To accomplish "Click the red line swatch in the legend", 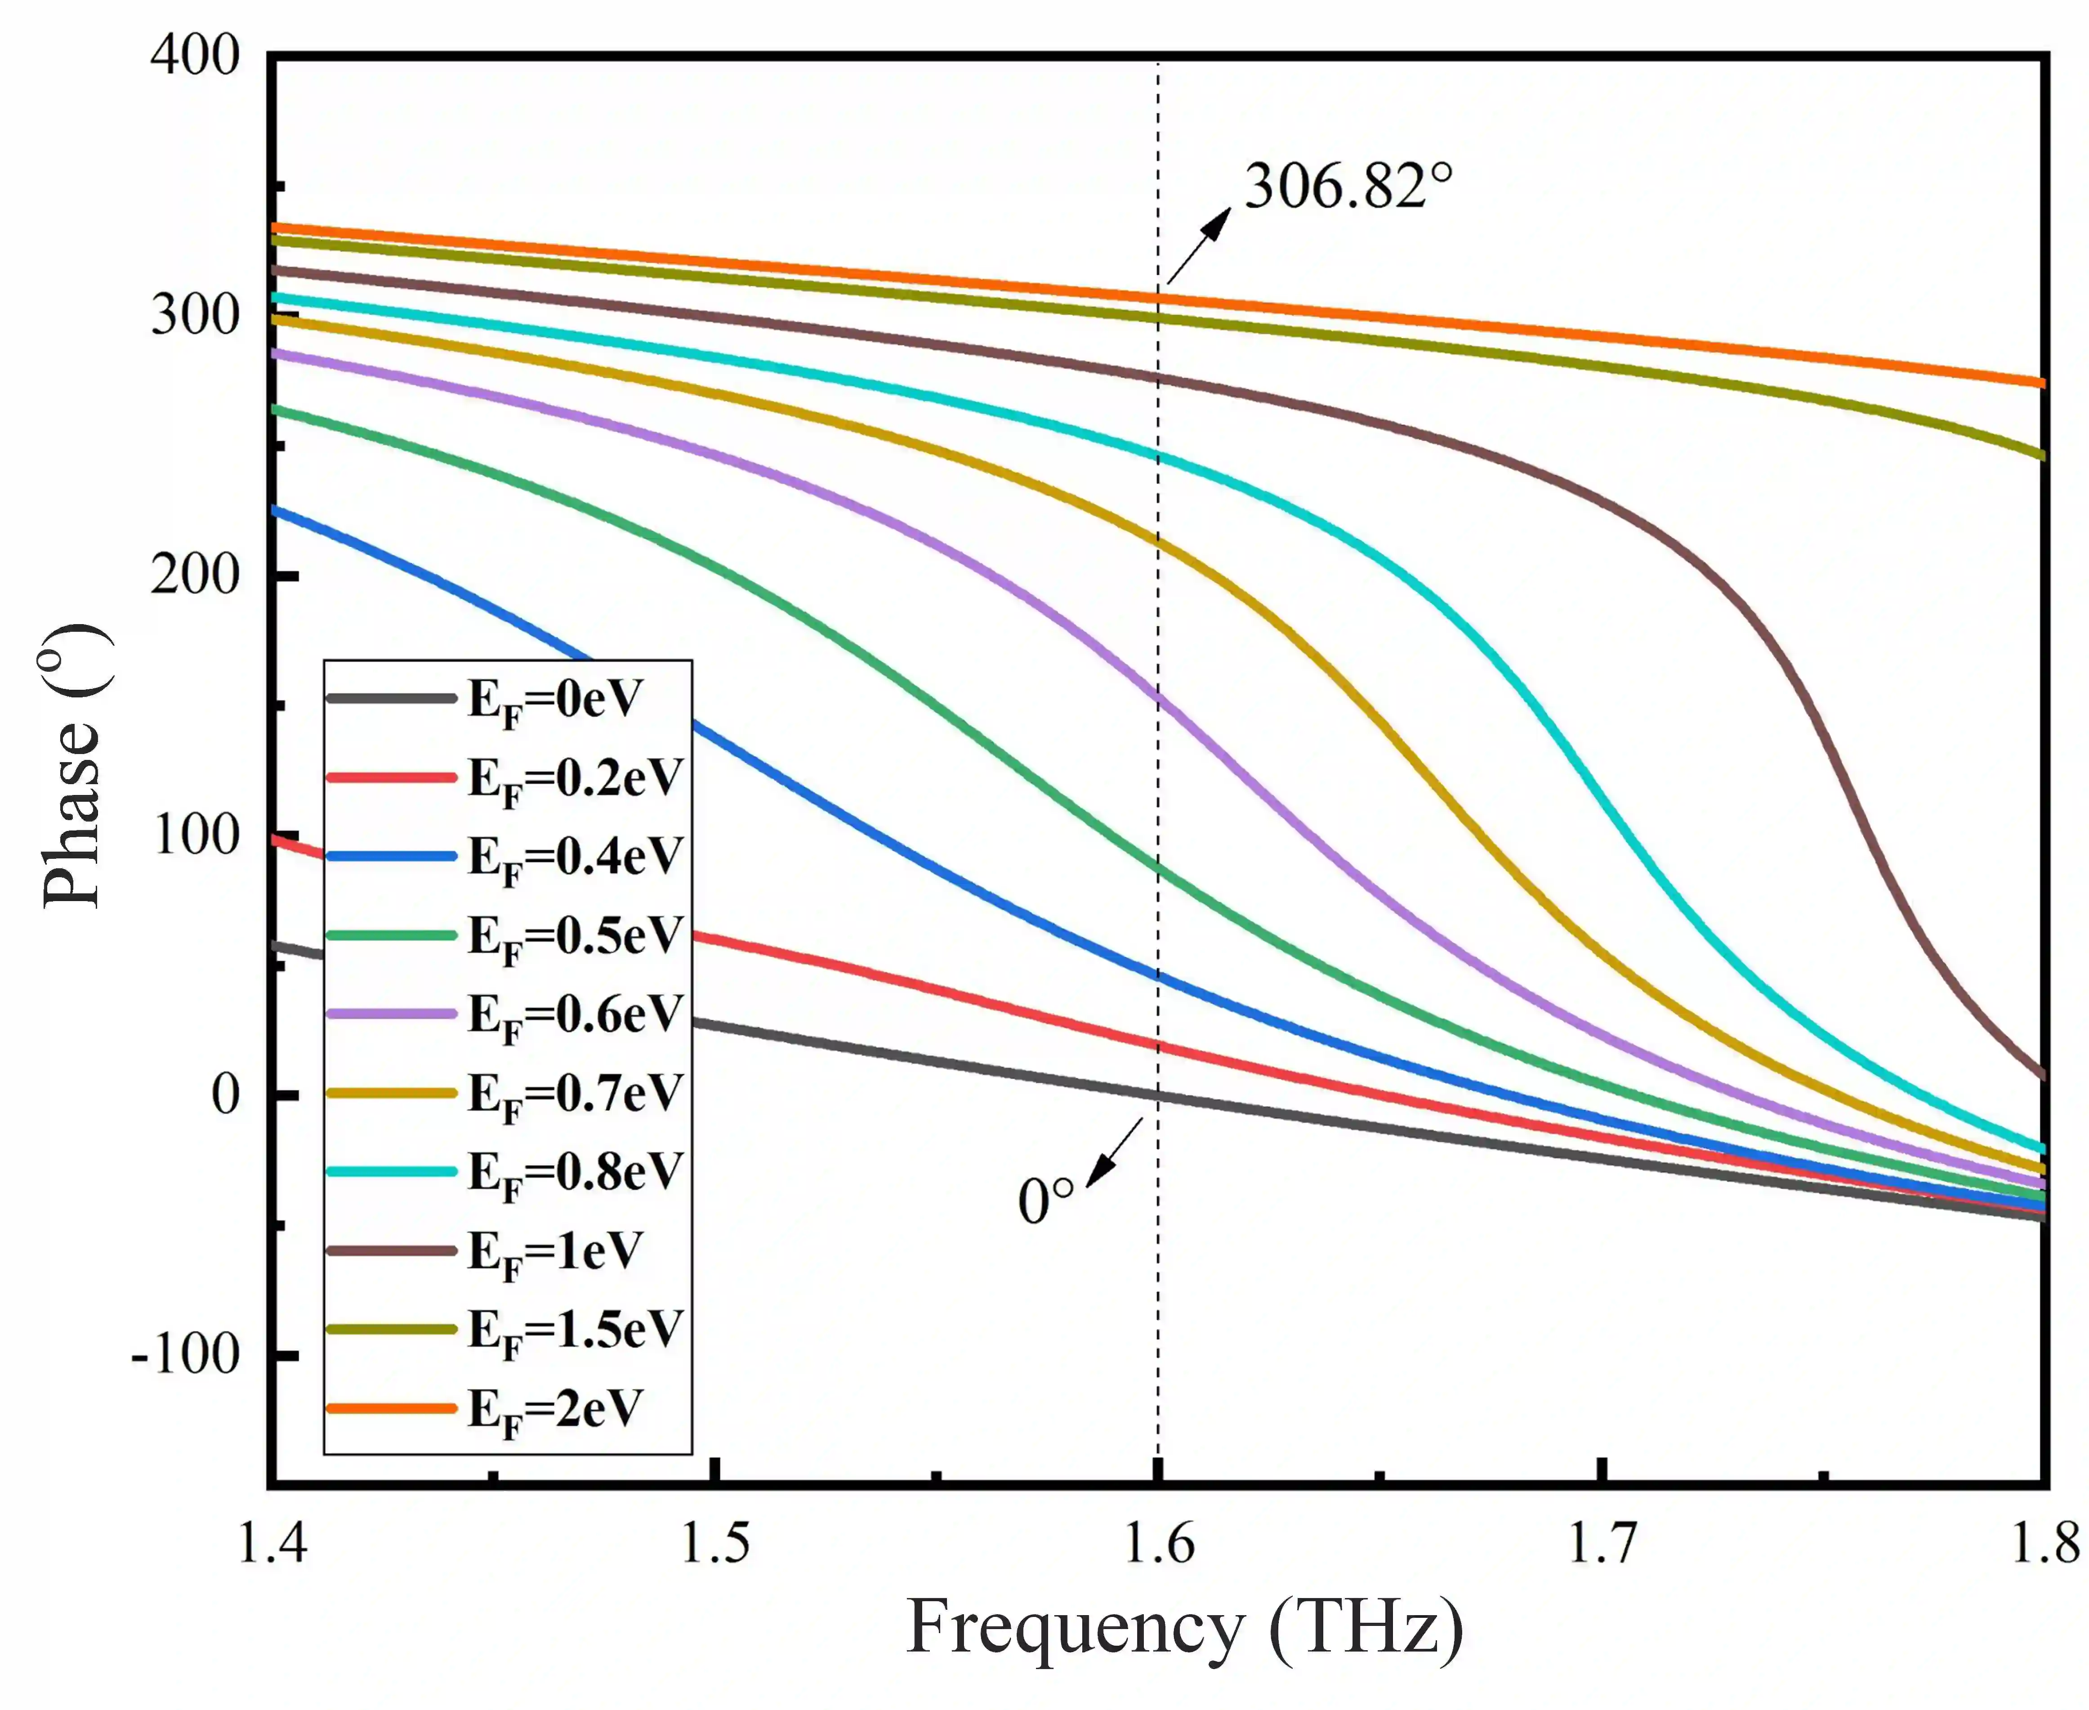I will [x=391, y=778].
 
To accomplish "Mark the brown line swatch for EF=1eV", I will [x=391, y=1251].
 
